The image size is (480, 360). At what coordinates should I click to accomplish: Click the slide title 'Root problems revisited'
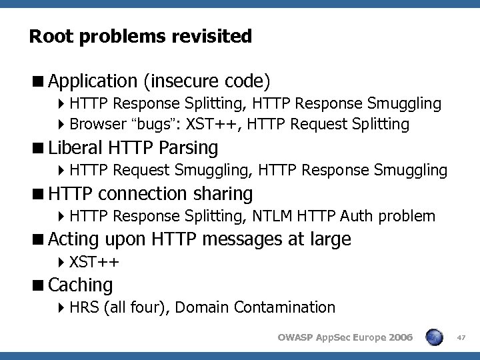pyautogui.click(x=141, y=36)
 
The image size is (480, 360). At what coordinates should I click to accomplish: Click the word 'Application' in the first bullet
pyautogui.click(x=92, y=81)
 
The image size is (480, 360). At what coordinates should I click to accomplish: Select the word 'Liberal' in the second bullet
pyautogui.click(x=75, y=147)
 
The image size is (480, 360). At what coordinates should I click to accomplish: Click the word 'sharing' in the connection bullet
pyautogui.click(x=222, y=194)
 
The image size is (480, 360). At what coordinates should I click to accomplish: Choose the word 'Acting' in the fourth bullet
pyautogui.click(x=73, y=239)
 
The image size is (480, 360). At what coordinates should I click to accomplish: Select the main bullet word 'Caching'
pyautogui.click(x=81, y=285)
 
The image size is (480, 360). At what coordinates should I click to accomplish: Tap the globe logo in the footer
pyautogui.click(x=435, y=337)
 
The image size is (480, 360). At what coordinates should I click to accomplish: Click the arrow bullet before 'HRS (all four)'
pyautogui.click(x=61, y=307)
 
